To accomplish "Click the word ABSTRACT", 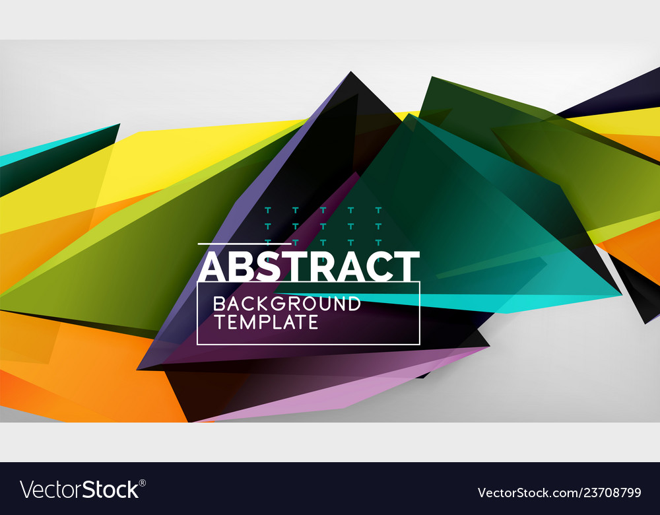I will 309,266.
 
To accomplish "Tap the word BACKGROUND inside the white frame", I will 286,304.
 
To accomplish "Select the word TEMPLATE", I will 265,322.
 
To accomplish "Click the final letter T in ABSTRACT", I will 407,266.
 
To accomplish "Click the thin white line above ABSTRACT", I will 244,244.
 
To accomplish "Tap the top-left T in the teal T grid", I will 267,211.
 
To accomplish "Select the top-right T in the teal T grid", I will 378,211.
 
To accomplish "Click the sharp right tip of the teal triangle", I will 619,294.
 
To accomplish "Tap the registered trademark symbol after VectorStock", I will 142,483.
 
